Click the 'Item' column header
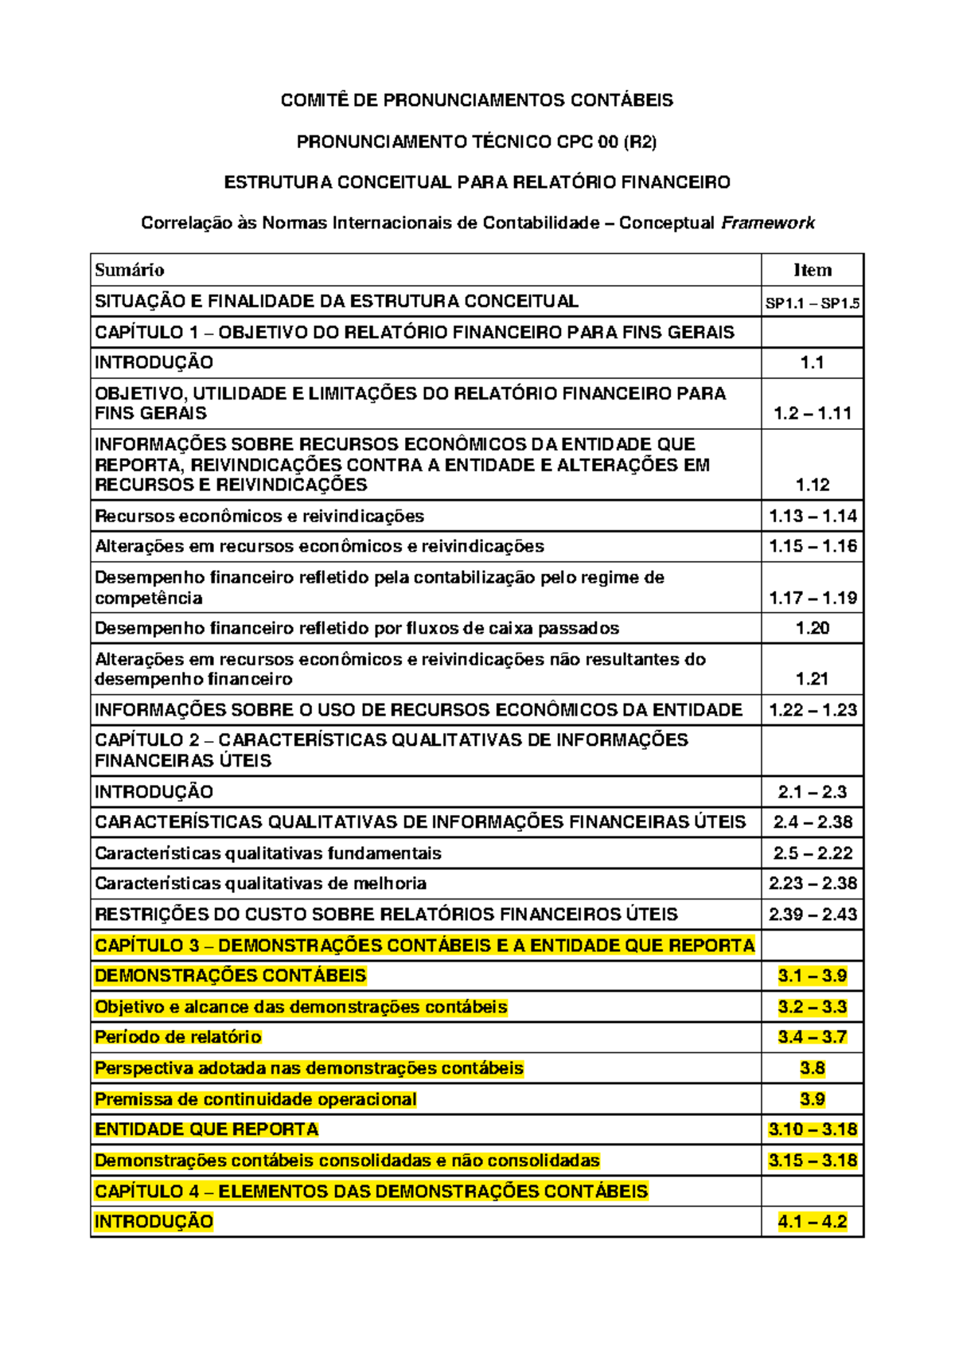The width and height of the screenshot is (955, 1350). pos(812,270)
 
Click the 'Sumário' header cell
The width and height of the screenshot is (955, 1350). pos(130,270)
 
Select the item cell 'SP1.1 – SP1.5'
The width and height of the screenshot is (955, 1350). pos(812,303)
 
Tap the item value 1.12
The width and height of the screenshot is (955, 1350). pos(812,485)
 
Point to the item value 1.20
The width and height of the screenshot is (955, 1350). pos(812,628)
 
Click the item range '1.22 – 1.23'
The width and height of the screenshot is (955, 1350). pos(812,710)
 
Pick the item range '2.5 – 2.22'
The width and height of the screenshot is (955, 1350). pos(812,853)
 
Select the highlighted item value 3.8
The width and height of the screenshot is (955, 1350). pos(812,1068)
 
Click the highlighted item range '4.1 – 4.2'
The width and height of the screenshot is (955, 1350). pos(812,1222)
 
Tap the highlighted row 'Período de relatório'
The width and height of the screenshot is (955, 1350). pos(177,1037)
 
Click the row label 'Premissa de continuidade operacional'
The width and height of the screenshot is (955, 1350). pos(255,1099)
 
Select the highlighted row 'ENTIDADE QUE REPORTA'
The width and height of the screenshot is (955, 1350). pos(206,1130)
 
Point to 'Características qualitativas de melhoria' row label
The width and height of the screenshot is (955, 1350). pos(260,884)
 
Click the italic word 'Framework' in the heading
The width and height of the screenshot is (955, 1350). pos(767,223)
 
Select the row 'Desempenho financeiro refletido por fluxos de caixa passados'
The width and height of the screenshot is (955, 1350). pos(357,628)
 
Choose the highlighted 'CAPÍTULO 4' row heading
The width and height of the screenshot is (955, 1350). pos(371,1192)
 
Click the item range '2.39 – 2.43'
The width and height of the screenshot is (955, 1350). pos(812,915)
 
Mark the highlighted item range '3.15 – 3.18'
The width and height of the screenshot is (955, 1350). pos(812,1161)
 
